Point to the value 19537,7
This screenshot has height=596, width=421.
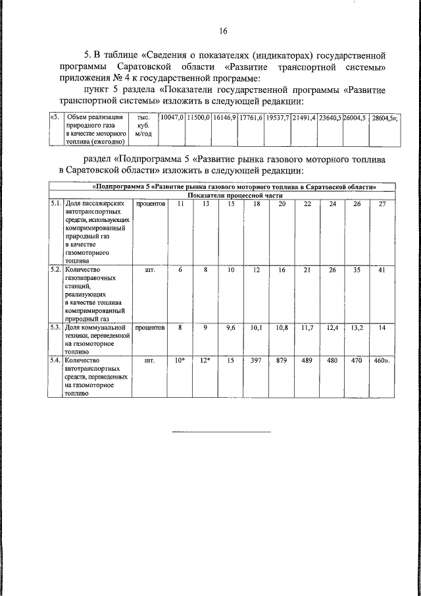pos(278,117)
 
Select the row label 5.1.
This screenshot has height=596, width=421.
pos(57,204)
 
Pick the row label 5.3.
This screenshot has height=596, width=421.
pos(57,327)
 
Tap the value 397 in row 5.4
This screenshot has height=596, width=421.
pos(257,362)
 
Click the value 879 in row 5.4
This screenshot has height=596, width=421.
pos(282,362)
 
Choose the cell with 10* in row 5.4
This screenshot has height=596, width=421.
pos(180,362)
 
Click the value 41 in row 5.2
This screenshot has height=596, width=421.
pos(382,270)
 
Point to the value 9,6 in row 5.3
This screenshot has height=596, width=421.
pos(231,327)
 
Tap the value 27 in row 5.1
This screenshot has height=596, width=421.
pos(382,204)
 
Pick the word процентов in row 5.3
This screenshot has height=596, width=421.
pos(150,327)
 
